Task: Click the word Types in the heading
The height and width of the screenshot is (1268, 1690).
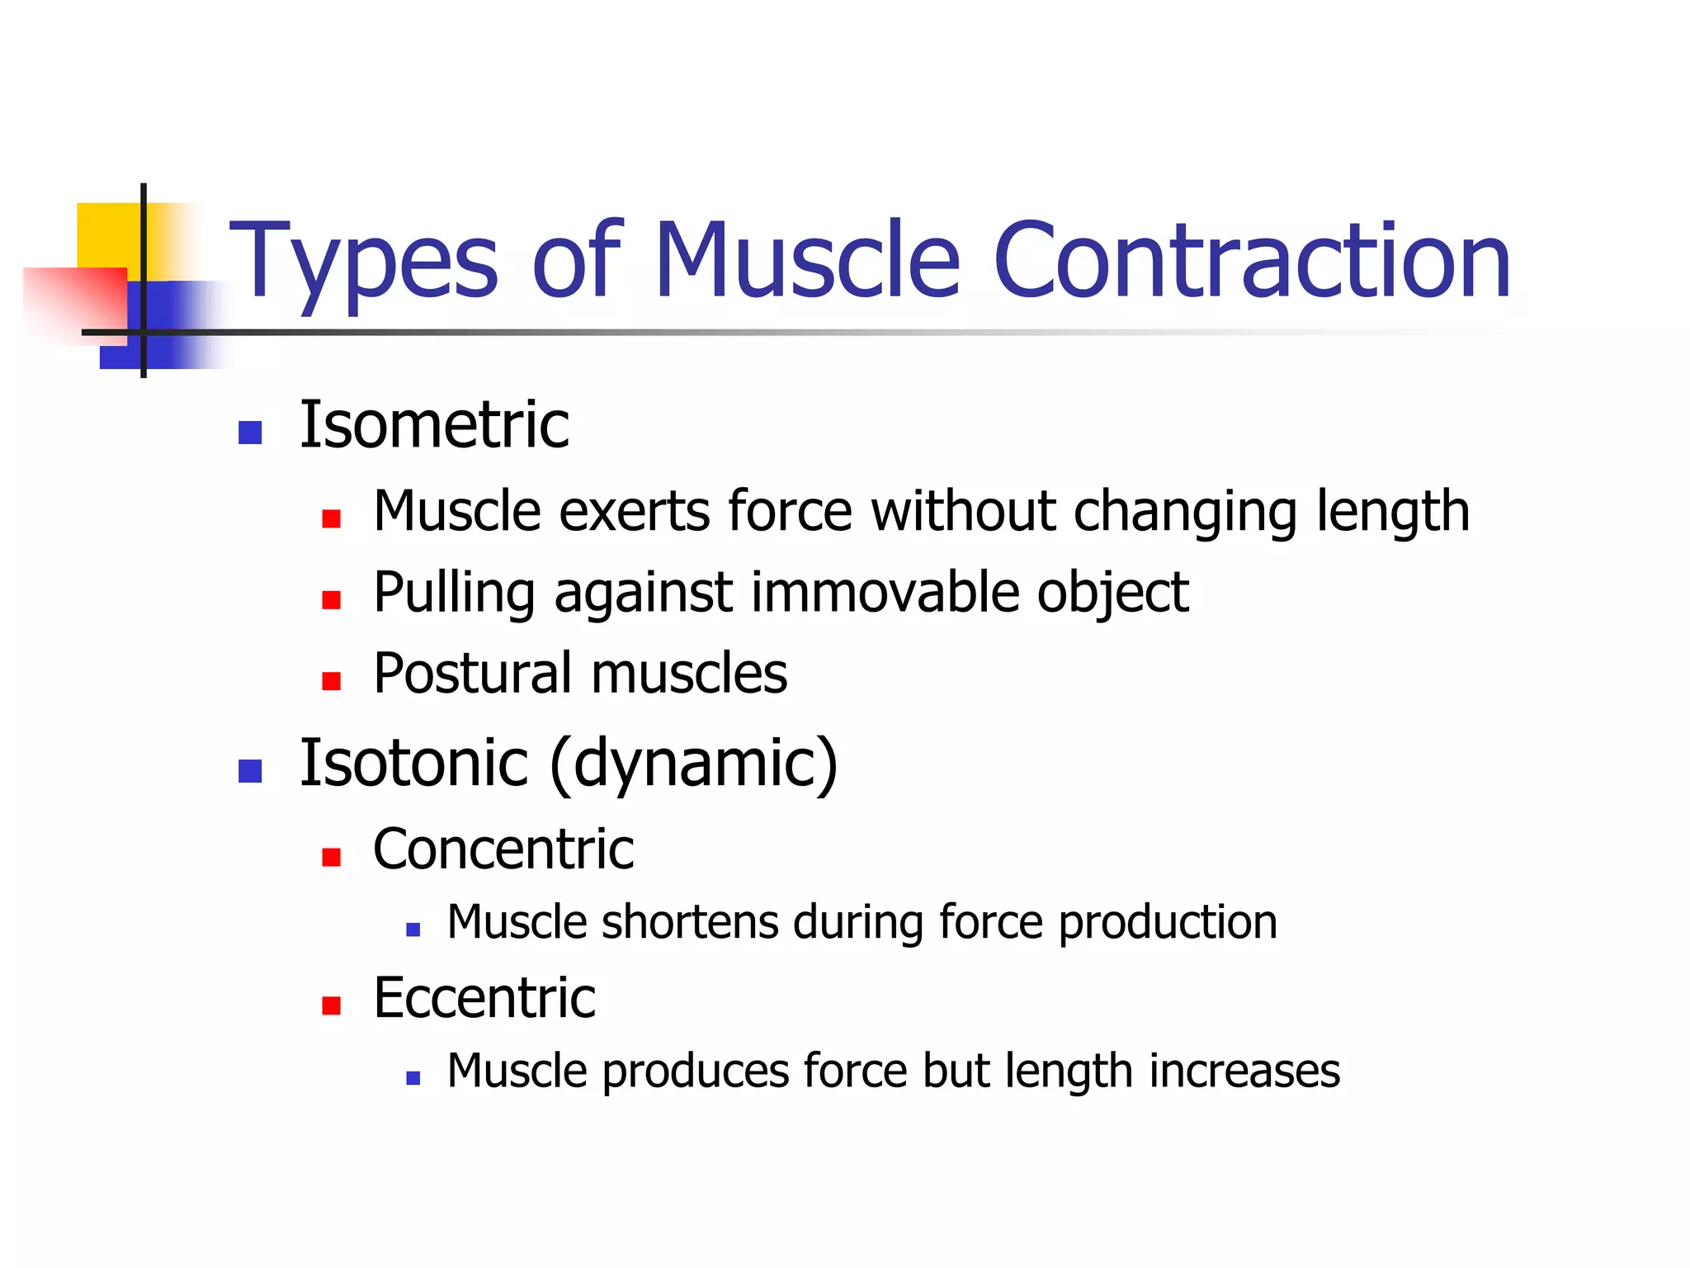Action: pos(364,263)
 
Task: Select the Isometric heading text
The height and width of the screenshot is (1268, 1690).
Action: pos(434,424)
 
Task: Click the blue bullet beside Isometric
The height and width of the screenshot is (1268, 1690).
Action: pos(250,433)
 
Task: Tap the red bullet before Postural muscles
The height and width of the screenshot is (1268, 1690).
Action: pos(332,681)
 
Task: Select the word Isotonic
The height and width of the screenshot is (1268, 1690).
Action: pos(413,763)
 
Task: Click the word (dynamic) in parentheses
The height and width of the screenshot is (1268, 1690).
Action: pos(694,764)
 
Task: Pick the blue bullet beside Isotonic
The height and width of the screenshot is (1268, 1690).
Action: pos(250,771)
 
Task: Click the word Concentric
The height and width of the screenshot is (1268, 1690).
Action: pos(503,849)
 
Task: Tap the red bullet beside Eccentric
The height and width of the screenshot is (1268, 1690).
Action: pos(332,1005)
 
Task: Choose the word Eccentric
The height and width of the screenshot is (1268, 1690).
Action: pos(484,998)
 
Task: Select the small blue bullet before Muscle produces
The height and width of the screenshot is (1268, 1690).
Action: pos(413,1078)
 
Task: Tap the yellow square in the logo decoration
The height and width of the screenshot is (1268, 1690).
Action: pos(107,235)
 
